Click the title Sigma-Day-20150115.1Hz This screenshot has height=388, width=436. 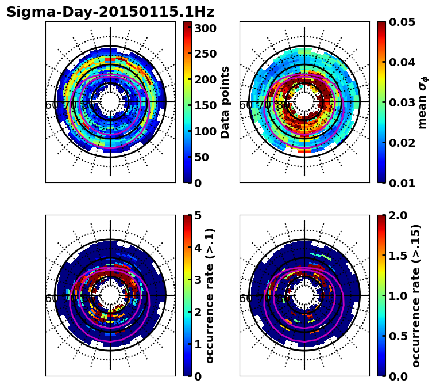click(110, 12)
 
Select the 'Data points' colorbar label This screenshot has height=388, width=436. click(225, 102)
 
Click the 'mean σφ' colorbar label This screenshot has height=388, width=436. click(423, 102)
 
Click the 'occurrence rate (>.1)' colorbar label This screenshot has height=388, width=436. click(210, 295)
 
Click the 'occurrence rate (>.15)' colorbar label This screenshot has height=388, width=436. click(416, 295)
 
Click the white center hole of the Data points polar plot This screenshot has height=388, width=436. click(110, 102)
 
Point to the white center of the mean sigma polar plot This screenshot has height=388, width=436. click(304, 102)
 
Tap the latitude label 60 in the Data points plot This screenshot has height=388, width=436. click(51, 105)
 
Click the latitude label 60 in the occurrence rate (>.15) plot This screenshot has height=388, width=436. click(245, 299)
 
